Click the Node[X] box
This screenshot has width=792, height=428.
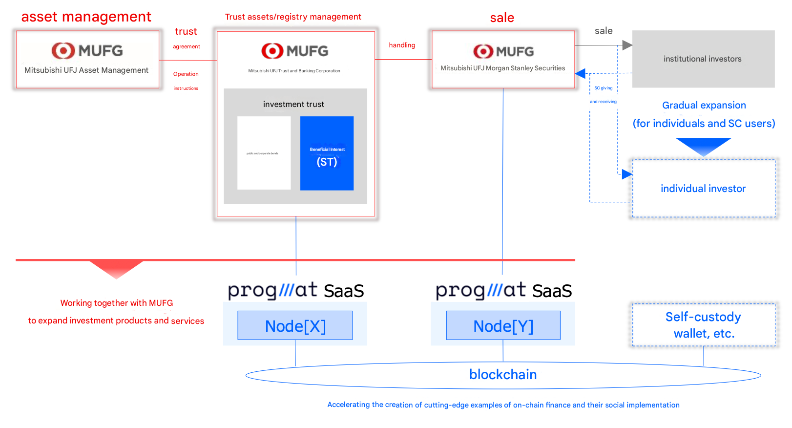point(295,325)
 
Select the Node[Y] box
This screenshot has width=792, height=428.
point(503,325)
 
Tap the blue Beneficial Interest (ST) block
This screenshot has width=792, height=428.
point(327,153)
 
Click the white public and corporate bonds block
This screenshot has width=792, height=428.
point(264,153)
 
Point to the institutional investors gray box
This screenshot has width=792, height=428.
point(703,59)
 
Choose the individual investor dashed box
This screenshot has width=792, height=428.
point(703,189)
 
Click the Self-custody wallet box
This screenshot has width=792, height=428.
point(703,325)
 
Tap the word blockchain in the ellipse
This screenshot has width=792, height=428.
point(503,375)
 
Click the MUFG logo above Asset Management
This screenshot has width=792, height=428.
point(87,50)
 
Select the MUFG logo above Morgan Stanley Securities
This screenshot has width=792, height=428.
point(503,51)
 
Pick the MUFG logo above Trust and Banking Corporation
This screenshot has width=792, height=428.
point(294,51)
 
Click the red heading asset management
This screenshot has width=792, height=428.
point(86,17)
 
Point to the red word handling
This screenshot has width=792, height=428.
point(402,45)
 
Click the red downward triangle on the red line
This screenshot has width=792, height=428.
point(116,268)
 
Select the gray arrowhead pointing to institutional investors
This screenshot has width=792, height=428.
point(627,45)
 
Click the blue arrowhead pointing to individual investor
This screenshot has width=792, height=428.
point(627,174)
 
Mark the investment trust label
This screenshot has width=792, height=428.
point(293,105)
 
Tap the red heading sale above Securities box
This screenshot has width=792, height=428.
point(502,18)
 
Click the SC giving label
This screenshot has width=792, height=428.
point(603,88)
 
